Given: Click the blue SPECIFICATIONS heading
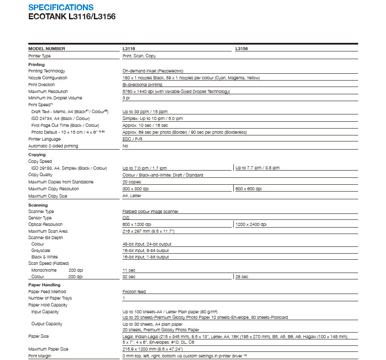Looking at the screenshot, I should (x=60, y=7).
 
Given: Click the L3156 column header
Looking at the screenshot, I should (x=241, y=49).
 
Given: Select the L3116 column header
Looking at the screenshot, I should (x=129, y=49).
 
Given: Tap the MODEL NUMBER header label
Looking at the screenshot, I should (x=47, y=49).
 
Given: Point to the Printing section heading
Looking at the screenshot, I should (x=36, y=65).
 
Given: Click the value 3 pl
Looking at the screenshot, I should (x=126, y=98).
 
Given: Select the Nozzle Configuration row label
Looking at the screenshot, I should (x=48, y=78).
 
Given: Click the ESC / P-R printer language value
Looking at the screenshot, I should (x=133, y=139).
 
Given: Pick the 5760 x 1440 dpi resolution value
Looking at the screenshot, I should (x=176, y=91).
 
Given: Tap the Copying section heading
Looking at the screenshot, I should (x=37, y=155).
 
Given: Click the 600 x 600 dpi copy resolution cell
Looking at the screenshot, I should (x=248, y=189).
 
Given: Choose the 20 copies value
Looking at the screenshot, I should (x=132, y=182).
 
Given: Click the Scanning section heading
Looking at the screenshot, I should (x=38, y=205).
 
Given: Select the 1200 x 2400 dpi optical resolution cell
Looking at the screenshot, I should (x=251, y=225).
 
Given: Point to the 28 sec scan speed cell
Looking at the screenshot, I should (x=242, y=277).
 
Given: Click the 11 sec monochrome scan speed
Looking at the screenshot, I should (x=129, y=270).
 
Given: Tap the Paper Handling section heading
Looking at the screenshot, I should (x=44, y=285).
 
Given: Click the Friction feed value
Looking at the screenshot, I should (x=134, y=292).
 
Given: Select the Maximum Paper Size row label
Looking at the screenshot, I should (x=48, y=349).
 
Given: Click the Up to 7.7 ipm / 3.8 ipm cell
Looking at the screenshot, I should (x=257, y=168).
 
